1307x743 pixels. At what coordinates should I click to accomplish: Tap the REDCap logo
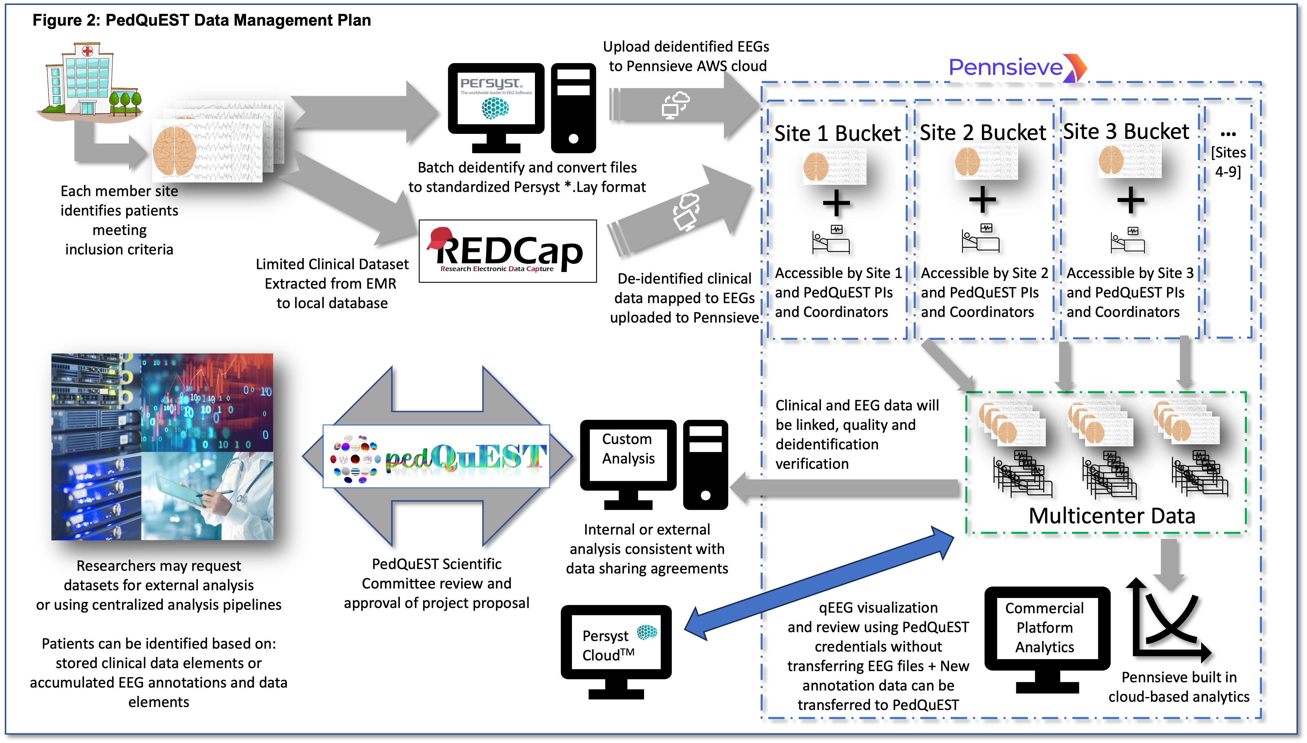pos(508,251)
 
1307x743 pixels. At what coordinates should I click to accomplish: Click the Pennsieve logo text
pos(1005,67)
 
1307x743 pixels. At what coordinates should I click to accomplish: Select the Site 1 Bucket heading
pos(838,134)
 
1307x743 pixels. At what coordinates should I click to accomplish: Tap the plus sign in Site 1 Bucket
pos(836,203)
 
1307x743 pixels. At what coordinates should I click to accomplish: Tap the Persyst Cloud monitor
pos(616,645)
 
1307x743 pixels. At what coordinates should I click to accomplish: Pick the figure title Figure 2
pos(202,20)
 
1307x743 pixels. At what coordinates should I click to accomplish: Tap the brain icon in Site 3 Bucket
pos(1111,160)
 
